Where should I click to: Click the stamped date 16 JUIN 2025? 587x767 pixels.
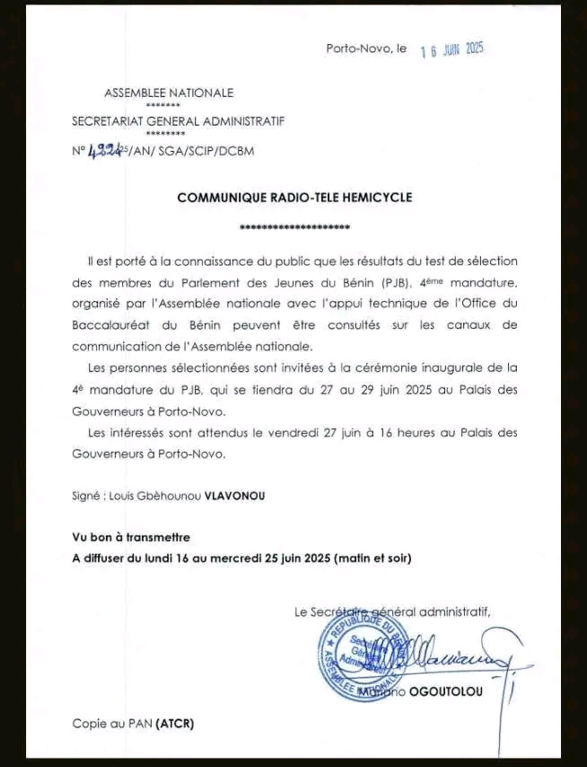452,49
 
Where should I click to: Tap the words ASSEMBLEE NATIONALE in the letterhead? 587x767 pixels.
169,93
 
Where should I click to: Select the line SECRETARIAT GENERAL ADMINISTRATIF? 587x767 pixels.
178,121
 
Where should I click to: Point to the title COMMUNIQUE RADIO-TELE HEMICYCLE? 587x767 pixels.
294,197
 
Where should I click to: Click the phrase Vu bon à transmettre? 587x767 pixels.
131,537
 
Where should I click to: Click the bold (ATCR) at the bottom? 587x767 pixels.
175,722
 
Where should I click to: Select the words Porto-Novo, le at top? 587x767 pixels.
366,48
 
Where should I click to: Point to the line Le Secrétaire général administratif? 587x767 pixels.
392,612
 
